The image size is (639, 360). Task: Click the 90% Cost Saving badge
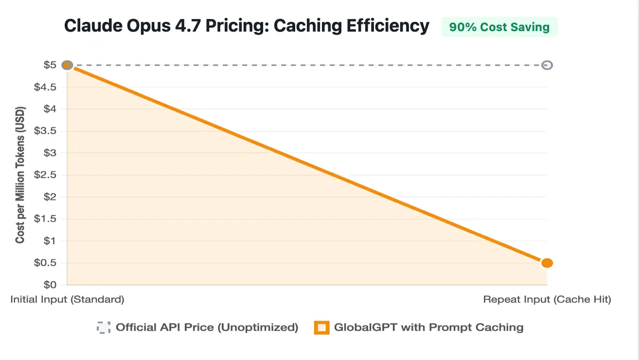pos(499,27)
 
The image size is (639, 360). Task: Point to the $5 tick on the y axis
pos(50,65)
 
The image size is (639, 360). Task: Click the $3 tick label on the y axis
pos(50,153)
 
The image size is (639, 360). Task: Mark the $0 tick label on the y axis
pos(50,285)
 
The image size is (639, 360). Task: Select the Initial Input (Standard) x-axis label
pos(67,300)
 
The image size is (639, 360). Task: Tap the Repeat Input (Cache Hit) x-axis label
pos(547,300)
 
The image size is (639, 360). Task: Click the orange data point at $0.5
pos(547,263)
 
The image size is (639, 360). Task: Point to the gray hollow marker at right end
pos(547,65)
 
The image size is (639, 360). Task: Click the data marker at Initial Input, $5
pos(68,65)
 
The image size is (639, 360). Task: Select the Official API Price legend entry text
pos(207,327)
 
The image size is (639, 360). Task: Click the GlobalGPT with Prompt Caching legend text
pos(428,327)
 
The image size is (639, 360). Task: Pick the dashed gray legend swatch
pos(104,328)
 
